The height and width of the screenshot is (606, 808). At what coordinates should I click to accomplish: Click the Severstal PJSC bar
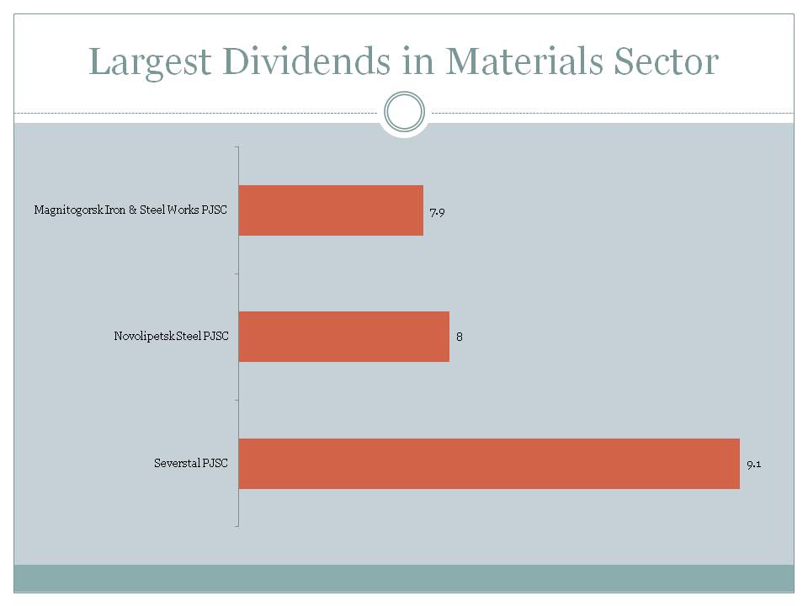pyautogui.click(x=489, y=463)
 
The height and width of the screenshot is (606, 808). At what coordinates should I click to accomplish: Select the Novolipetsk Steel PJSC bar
pyautogui.click(x=343, y=337)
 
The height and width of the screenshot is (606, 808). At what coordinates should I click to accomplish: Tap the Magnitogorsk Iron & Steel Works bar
pyautogui.click(x=331, y=210)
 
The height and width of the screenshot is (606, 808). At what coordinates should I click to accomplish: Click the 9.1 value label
pyautogui.click(x=754, y=464)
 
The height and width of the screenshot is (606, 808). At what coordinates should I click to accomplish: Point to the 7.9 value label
pyautogui.click(x=436, y=212)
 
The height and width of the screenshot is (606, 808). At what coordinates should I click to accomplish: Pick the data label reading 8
pyautogui.click(x=460, y=337)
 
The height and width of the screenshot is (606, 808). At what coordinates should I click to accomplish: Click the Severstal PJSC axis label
pyautogui.click(x=191, y=463)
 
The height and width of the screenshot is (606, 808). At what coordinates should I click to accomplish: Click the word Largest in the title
pyautogui.click(x=144, y=63)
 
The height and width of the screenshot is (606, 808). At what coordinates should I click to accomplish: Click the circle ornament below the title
pyautogui.click(x=404, y=112)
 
